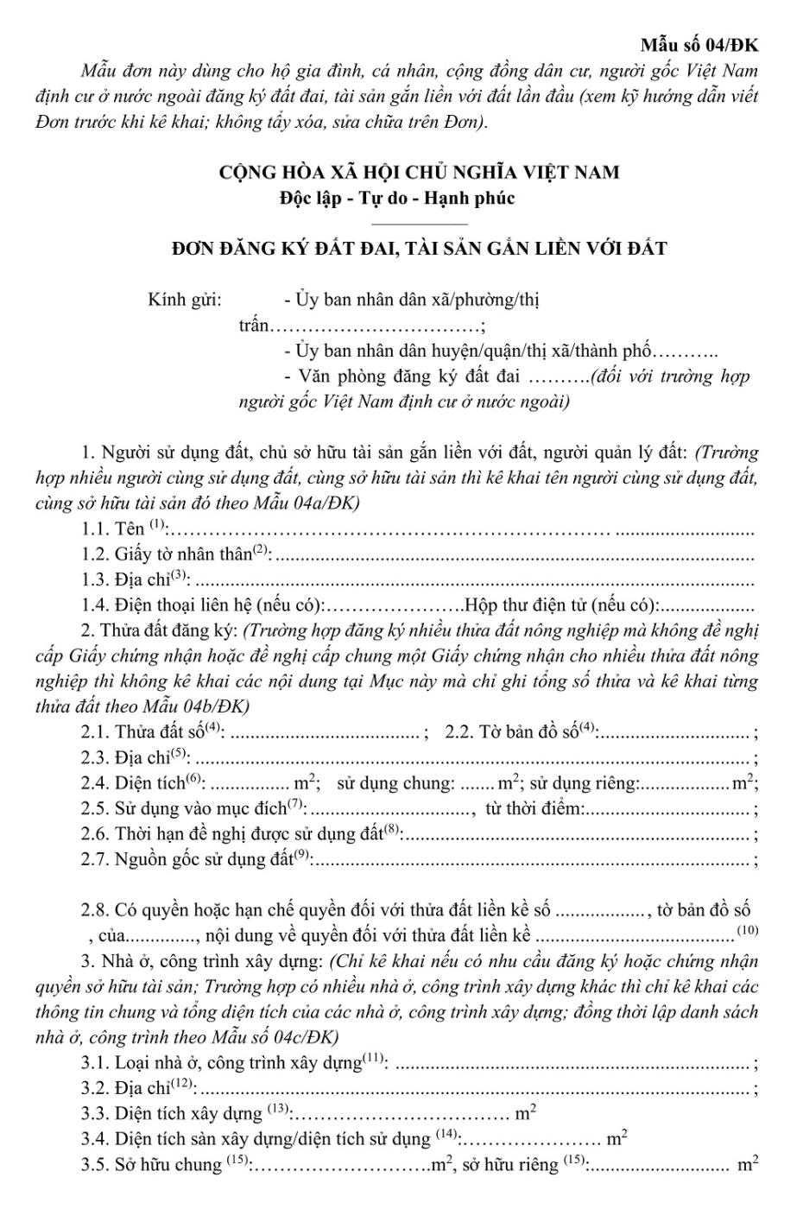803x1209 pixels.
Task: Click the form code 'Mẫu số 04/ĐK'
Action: point(699,45)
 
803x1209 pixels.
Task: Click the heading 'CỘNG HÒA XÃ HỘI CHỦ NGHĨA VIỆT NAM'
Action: point(420,172)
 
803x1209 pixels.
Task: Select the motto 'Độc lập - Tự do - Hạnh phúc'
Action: point(396,198)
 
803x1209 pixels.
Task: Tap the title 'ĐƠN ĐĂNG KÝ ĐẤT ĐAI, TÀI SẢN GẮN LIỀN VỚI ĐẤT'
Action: point(420,250)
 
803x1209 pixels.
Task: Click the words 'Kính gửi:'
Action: point(185,301)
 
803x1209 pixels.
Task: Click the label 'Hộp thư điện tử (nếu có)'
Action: point(562,604)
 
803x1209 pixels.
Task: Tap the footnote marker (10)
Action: point(747,930)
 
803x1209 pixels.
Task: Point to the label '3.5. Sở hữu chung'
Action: point(152,1164)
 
